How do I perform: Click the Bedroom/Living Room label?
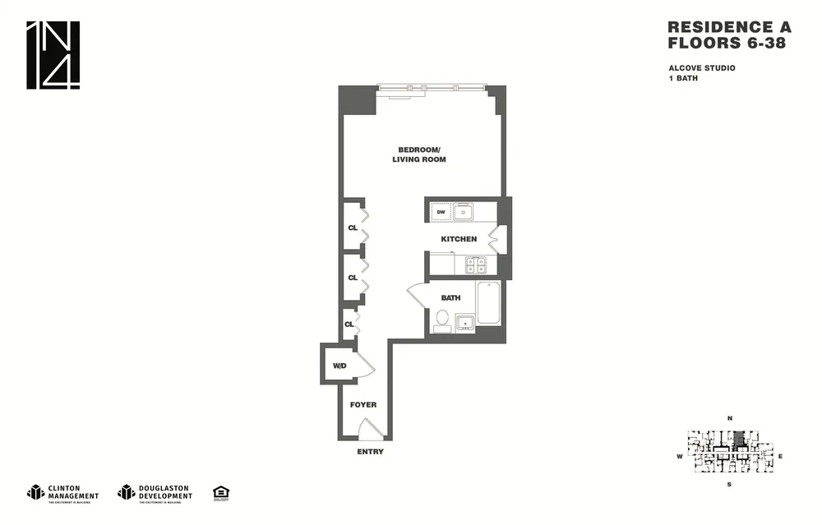coord(422,154)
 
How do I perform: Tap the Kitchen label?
coord(459,239)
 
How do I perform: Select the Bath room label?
coord(450,298)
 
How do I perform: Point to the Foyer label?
coord(363,404)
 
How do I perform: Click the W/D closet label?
coord(339,366)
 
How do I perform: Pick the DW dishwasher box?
coord(441,212)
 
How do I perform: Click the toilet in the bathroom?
coord(442,319)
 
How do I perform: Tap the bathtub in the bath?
coord(487,304)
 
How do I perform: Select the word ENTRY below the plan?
coord(370,452)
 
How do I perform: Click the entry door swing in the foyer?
coord(371,429)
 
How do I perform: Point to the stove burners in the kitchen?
coord(476,264)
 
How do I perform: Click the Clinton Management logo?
coord(63,492)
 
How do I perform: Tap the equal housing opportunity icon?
coord(220,492)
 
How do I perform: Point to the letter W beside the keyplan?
coord(679,456)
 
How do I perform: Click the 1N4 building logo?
coord(53,54)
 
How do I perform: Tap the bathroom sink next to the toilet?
coord(465,323)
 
